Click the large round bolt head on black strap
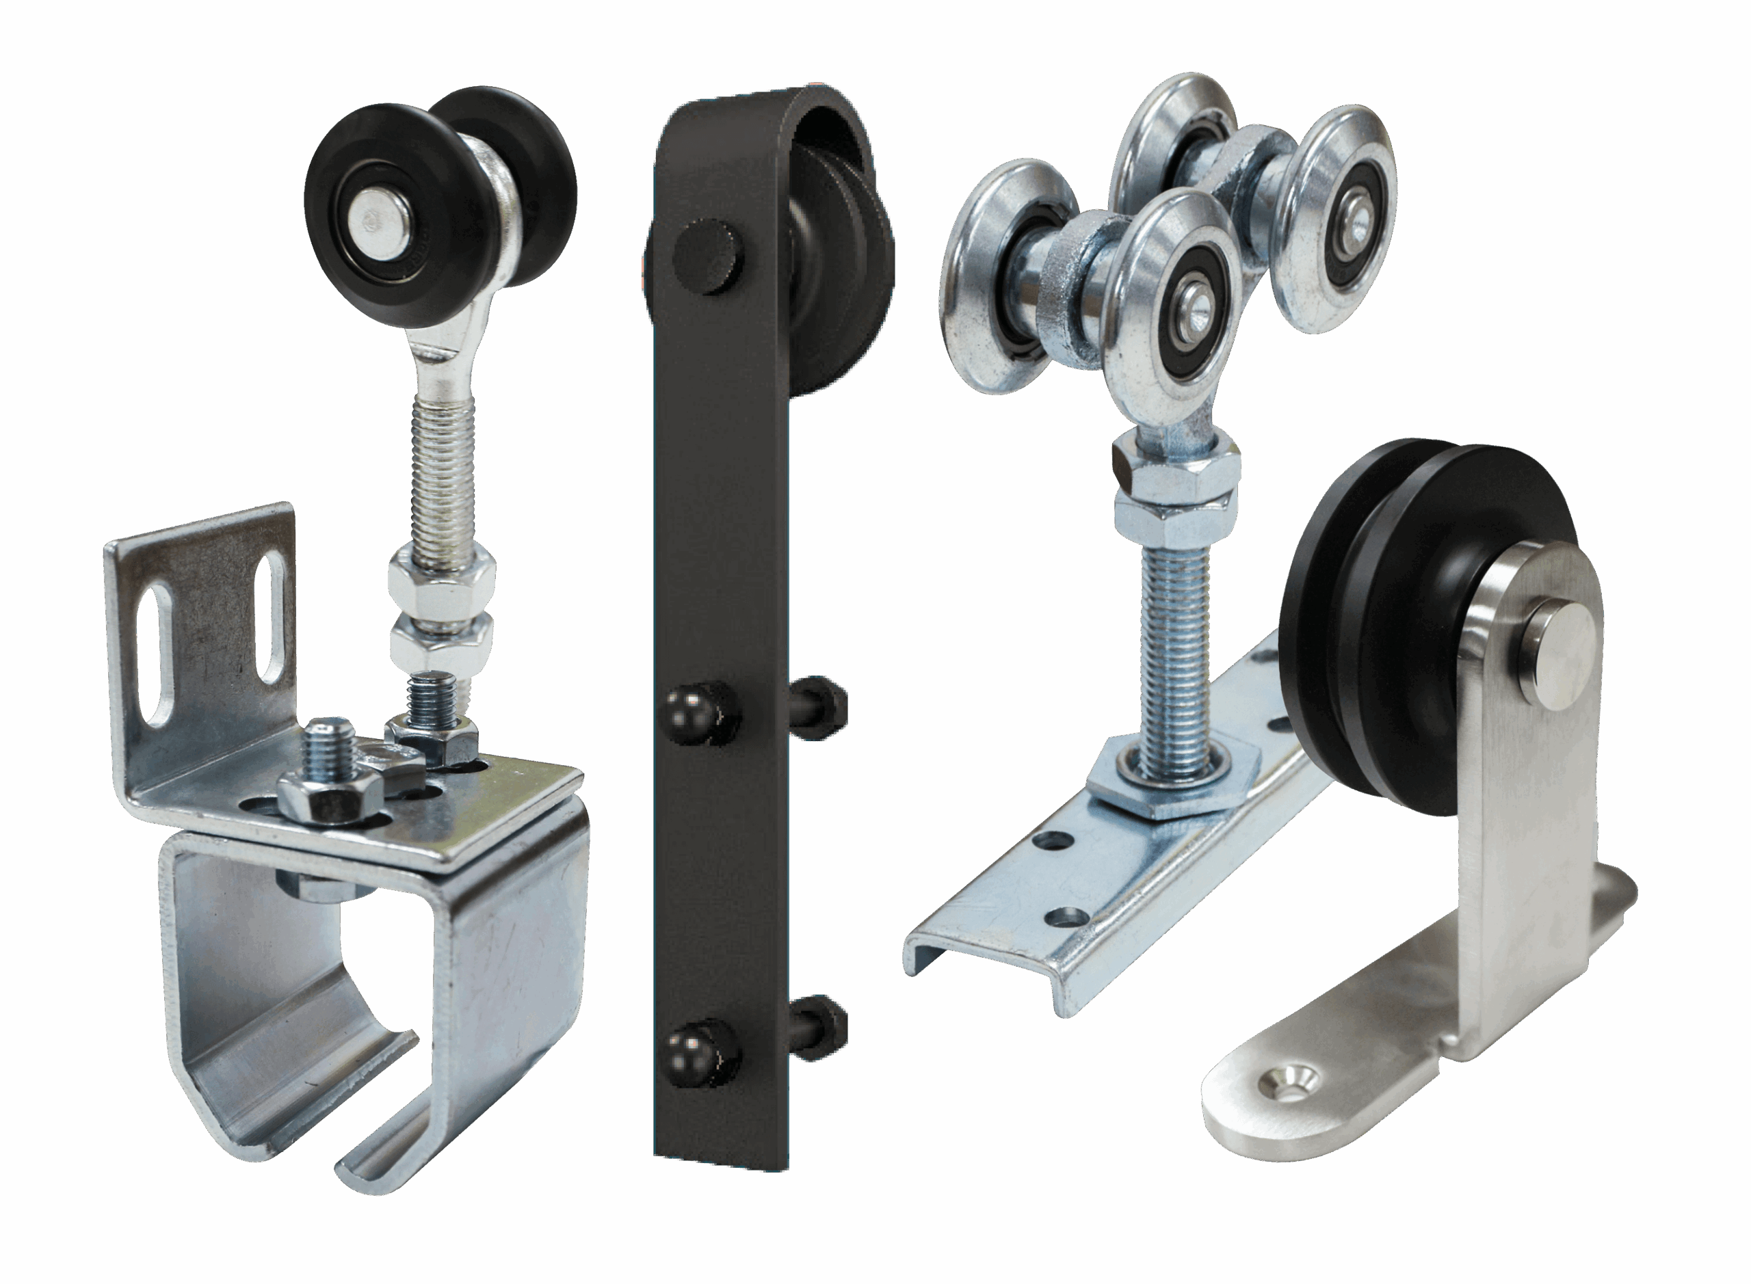[x=707, y=256]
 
